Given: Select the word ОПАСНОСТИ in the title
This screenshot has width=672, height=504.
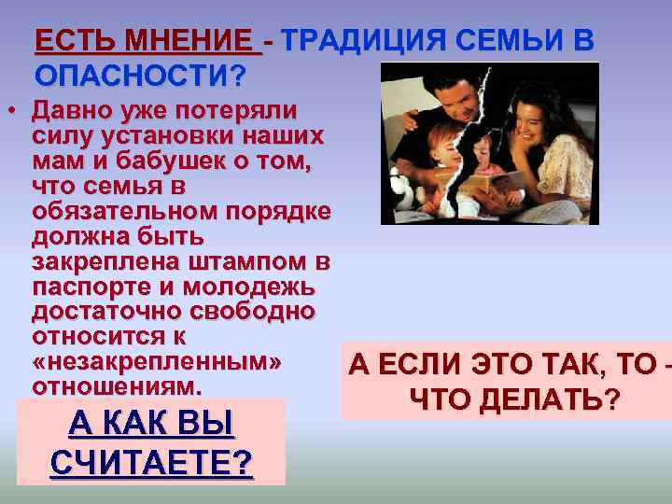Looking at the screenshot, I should [134, 74].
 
